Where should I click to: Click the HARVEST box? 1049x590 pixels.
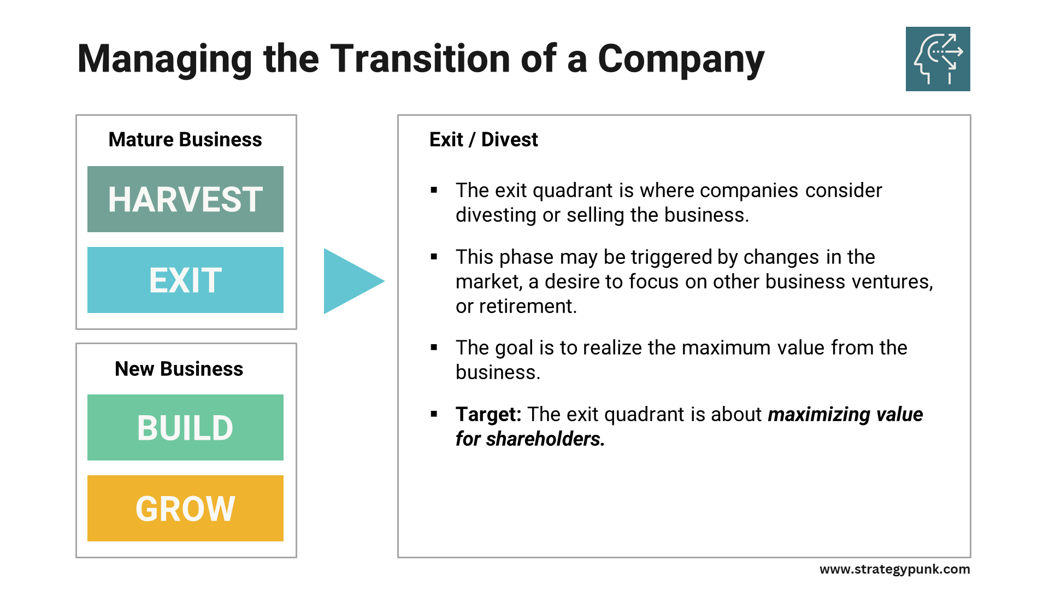pos(185,199)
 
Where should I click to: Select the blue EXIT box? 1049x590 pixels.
pos(185,280)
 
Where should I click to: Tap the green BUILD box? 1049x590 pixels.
pos(185,427)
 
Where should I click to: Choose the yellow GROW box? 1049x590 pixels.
pos(185,508)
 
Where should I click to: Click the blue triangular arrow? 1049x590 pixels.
pos(350,281)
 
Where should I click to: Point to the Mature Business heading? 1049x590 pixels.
pos(185,139)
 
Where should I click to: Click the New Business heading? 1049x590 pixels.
pos(179,369)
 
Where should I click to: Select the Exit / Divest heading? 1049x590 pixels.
pos(484,139)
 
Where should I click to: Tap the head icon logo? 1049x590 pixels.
pos(938,59)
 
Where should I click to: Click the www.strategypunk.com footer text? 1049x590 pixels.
pos(894,569)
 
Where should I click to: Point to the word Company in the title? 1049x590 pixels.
pos(681,59)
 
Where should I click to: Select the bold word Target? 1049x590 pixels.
pos(488,414)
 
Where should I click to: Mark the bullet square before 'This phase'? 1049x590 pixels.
pos(434,257)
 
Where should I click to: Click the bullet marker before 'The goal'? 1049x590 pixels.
pos(434,347)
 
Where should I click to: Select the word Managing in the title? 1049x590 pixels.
pos(164,59)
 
